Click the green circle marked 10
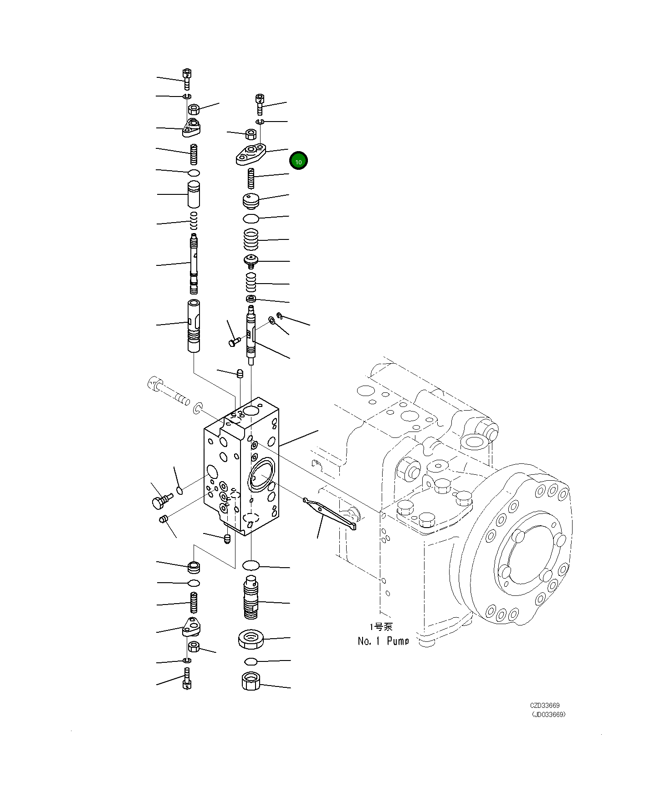(298, 161)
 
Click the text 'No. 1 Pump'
(383, 641)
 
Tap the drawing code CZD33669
(544, 705)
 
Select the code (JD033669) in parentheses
(548, 714)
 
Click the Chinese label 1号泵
(381, 627)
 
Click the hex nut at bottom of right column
(250, 681)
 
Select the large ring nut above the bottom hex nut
(250, 639)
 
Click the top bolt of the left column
(187, 79)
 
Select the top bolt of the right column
(260, 104)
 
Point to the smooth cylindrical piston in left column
(194, 195)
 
